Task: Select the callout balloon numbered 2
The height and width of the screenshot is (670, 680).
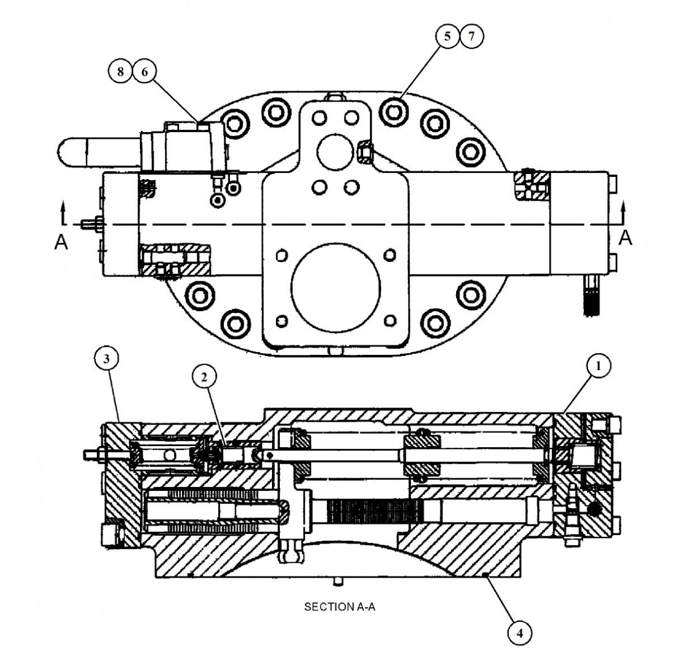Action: point(205,375)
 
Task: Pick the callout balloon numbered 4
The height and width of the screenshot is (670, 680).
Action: point(520,630)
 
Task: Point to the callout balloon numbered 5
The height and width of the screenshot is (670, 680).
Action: point(447,37)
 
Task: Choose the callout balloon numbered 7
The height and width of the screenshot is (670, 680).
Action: point(471,37)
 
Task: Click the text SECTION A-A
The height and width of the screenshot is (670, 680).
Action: point(340,607)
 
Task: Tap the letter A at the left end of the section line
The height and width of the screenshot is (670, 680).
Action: point(61,242)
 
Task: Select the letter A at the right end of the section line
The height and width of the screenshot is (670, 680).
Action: point(625,239)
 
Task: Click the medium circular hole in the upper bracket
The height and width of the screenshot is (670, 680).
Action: point(335,150)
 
